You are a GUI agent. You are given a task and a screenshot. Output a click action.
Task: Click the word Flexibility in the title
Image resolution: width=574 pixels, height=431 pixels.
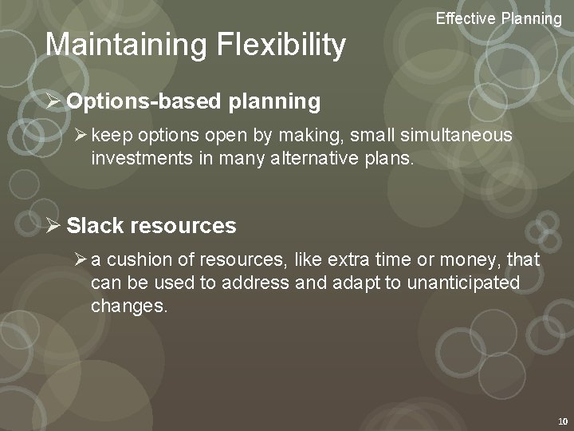(x=281, y=45)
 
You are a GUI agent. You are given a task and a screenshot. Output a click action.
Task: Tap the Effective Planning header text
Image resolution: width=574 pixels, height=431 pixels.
(x=498, y=18)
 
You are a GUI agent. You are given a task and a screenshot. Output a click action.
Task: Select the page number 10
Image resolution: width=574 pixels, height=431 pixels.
(x=562, y=421)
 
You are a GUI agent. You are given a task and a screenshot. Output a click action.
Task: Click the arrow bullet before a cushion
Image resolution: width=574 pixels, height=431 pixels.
(x=79, y=260)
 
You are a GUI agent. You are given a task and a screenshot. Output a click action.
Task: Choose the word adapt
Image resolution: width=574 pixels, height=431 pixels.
(x=360, y=283)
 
